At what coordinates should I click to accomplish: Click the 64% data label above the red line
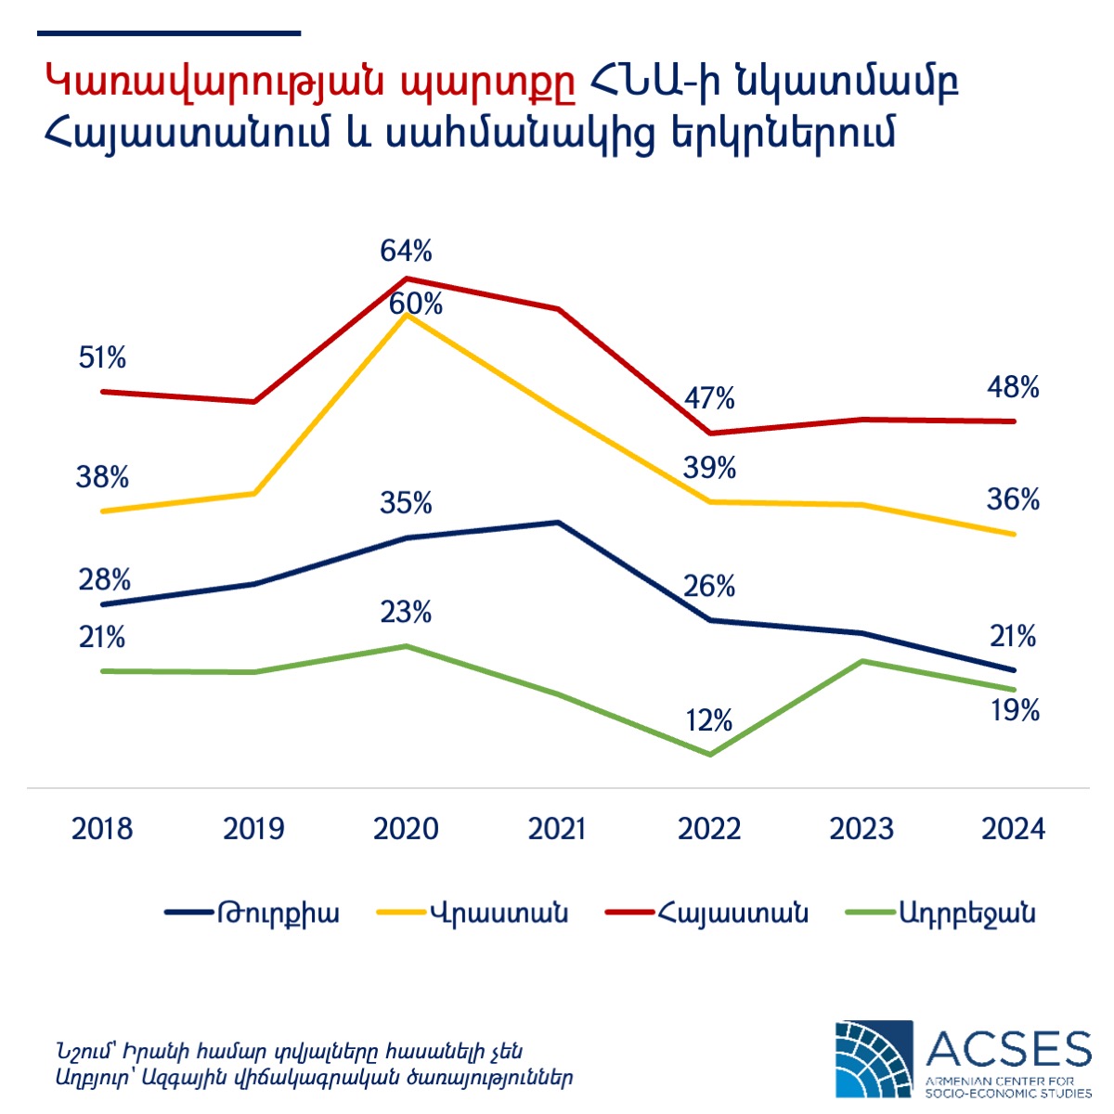406,252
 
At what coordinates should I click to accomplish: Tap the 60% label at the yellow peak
416,304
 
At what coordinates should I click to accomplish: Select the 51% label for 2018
102,357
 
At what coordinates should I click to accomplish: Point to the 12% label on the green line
709,720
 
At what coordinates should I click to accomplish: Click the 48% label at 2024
1013,388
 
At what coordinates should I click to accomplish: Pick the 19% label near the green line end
1014,711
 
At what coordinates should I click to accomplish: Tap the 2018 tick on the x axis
102,828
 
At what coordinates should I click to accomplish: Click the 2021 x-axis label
557,828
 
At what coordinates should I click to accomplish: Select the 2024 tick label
1014,828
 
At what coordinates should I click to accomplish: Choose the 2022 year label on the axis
709,828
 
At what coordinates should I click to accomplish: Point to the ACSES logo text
1008,1048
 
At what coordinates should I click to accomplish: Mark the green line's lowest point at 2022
710,755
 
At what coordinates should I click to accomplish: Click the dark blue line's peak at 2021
558,523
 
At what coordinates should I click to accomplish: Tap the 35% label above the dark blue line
406,503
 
